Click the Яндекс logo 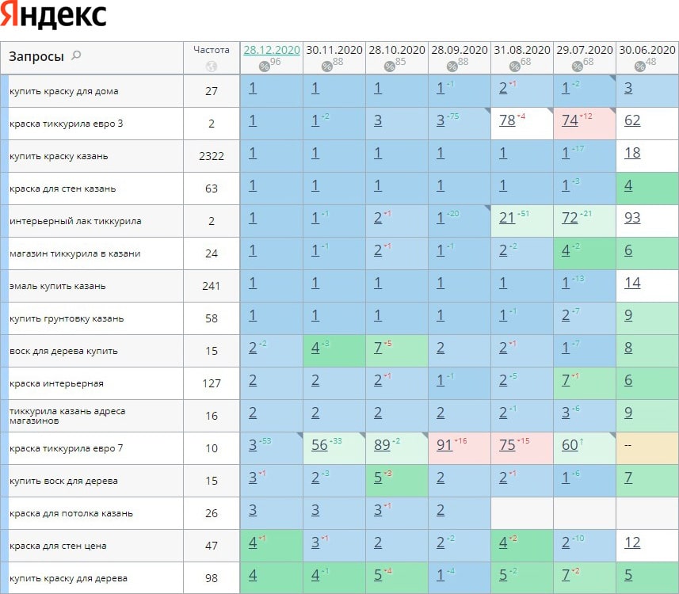coord(54,16)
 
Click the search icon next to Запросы coord(76,55)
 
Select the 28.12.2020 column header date coord(272,49)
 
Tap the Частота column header coord(212,49)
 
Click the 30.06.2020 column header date coord(647,49)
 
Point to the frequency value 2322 coord(212,156)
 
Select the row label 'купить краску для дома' coord(64,91)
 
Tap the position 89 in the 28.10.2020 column coord(383,445)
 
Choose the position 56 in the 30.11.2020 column coord(319,445)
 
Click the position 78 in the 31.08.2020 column coord(508,120)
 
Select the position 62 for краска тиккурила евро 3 coord(632,120)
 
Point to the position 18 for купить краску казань coord(632,153)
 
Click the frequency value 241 coord(212,286)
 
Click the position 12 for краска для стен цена coord(632,543)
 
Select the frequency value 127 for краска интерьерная coord(212,383)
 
